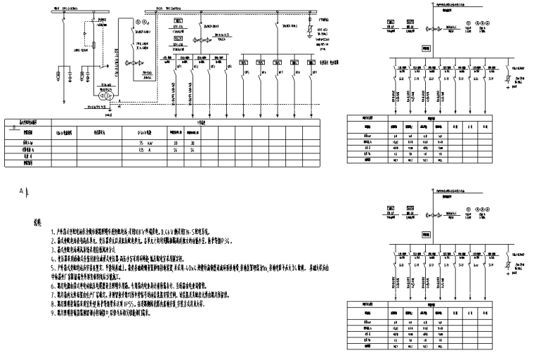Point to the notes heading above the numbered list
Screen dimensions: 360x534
(39, 223)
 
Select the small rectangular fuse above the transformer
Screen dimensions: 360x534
(94, 44)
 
